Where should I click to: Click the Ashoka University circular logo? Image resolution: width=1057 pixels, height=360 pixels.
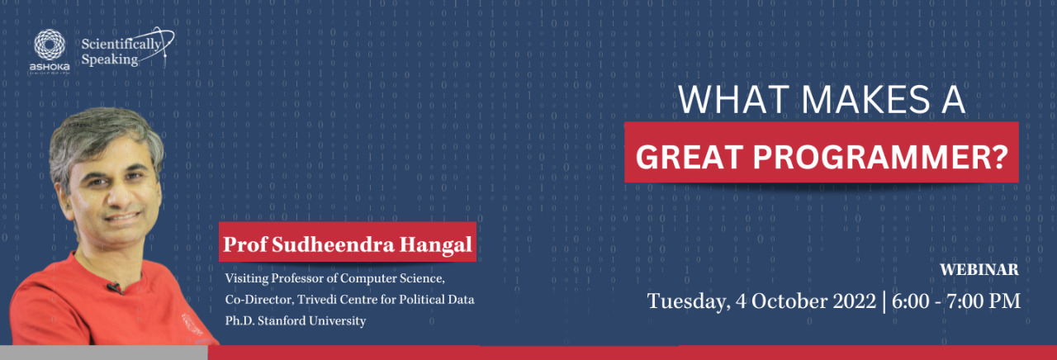click(50, 45)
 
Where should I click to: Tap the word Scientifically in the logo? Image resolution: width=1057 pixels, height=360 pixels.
click(121, 45)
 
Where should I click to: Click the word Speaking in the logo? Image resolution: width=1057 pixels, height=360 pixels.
click(110, 60)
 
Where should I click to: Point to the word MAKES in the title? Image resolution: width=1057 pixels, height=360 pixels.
click(865, 99)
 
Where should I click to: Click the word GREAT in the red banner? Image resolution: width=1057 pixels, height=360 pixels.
click(689, 157)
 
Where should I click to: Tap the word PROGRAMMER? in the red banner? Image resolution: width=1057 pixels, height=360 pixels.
click(880, 157)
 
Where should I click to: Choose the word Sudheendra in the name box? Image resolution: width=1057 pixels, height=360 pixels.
click(333, 244)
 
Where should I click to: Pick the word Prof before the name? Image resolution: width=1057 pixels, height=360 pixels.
click(245, 244)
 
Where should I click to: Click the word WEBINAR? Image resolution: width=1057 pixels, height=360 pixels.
click(979, 269)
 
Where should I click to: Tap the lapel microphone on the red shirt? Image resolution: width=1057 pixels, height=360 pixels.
click(114, 287)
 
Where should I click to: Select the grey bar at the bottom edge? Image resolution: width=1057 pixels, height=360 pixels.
click(104, 353)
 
